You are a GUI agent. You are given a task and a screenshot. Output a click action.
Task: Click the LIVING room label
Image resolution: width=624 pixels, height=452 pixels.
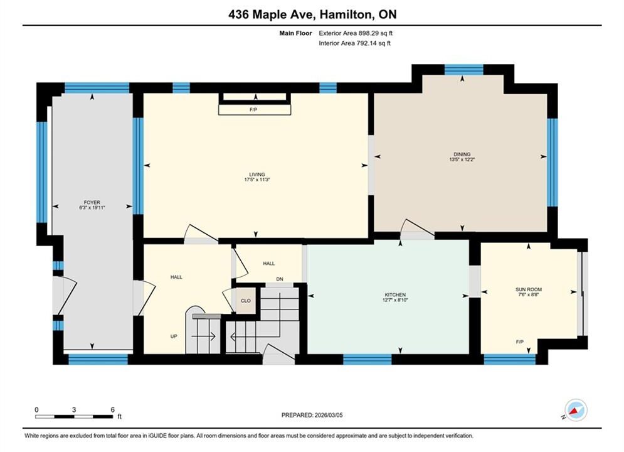(x=257, y=175)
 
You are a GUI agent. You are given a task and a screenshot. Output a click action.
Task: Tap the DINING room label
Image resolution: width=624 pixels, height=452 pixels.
(x=462, y=154)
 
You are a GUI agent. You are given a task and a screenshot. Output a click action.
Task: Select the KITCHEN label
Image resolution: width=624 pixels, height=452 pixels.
(x=395, y=294)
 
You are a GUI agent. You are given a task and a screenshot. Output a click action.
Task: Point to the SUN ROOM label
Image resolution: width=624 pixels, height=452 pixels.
(x=529, y=289)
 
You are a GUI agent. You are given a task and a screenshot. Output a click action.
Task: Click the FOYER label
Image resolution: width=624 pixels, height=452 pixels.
(x=92, y=202)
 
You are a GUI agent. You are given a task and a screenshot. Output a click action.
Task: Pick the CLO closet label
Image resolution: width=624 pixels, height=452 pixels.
(x=246, y=301)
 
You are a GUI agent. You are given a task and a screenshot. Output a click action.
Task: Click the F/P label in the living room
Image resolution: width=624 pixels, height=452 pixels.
(x=253, y=109)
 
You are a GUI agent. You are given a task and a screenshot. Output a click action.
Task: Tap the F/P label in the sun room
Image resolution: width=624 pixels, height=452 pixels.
(x=520, y=342)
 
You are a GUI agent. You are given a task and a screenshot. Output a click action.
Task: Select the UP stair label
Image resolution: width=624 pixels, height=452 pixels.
(x=174, y=336)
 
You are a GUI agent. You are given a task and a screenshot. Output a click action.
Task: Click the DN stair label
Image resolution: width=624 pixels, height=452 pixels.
(x=280, y=279)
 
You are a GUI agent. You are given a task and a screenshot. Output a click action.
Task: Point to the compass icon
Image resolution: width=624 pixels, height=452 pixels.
(x=576, y=410)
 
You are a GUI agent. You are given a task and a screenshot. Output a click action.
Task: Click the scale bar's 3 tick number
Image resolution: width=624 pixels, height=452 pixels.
(x=74, y=409)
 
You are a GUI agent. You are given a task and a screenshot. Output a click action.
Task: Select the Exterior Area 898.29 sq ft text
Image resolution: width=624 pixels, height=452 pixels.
(x=356, y=33)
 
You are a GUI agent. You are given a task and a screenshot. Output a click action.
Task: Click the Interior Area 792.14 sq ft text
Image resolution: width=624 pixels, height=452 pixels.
(x=354, y=43)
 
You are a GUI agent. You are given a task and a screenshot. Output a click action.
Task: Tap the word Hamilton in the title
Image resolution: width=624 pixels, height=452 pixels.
(x=347, y=14)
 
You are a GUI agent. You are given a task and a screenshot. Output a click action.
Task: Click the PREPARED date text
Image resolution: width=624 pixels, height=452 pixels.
(x=312, y=415)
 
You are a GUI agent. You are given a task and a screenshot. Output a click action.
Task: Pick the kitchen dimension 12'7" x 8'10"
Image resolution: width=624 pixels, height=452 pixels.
(x=395, y=300)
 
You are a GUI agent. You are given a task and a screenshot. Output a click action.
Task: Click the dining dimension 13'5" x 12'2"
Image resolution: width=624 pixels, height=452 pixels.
(x=462, y=159)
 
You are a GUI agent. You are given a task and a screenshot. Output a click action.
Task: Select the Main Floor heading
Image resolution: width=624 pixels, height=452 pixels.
(x=295, y=33)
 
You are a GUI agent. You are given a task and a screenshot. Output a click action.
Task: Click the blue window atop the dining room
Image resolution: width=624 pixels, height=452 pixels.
(x=463, y=70)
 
